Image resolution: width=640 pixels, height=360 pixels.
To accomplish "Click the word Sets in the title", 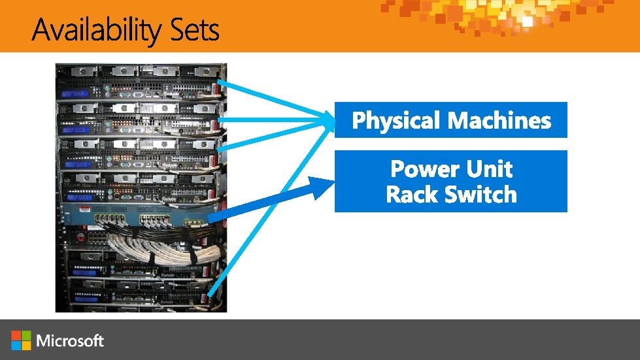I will (x=194, y=30).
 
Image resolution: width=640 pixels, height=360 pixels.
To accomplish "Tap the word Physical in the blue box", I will (x=396, y=120).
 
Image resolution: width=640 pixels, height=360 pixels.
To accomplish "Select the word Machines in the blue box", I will (x=499, y=120).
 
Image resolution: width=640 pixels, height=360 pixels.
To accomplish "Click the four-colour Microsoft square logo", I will (x=21, y=340).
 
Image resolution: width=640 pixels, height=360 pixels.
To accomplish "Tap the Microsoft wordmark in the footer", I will (x=71, y=340).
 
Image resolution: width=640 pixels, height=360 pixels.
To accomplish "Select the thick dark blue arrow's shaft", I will (x=261, y=203).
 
